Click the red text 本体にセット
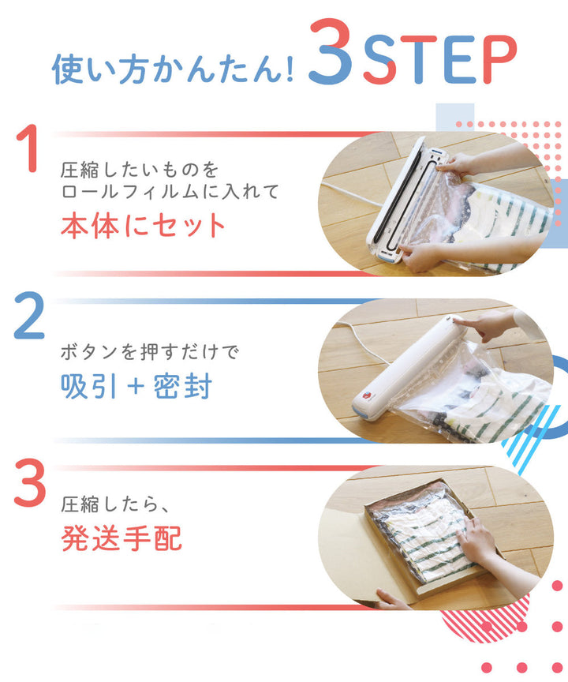coord(144,226)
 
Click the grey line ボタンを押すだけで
coord(149,350)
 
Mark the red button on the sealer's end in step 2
coord(366,396)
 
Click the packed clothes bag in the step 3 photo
coord(418,529)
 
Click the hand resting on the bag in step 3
coord(477,545)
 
